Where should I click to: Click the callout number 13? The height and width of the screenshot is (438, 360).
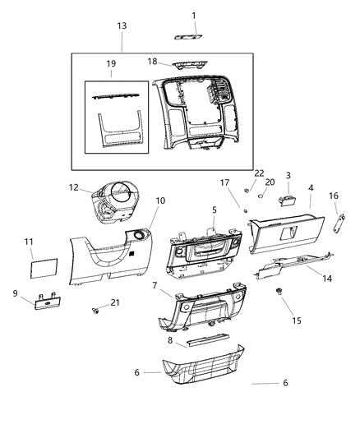(122, 26)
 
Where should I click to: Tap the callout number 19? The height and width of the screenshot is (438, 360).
(111, 63)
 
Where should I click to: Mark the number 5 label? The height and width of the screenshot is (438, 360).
(215, 210)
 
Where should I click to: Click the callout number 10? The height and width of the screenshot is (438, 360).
(160, 201)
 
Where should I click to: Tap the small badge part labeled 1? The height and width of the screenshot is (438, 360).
(187, 36)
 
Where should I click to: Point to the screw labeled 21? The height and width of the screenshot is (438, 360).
(96, 311)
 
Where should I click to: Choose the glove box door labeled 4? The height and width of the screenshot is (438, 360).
(284, 233)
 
